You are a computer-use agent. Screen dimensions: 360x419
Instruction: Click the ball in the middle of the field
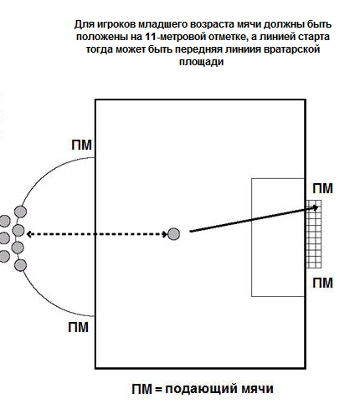[x=173, y=234]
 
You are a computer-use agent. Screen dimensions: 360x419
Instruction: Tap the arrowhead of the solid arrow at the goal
[x=316, y=207]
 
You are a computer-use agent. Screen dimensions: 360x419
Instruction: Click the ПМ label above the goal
[x=322, y=189]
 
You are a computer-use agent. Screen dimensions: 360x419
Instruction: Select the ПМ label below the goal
[x=322, y=283]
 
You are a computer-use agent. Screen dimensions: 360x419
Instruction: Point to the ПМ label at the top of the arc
[x=81, y=145]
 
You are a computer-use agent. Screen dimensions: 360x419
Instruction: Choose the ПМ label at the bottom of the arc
[x=78, y=327]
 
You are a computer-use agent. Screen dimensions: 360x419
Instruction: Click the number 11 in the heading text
[x=151, y=37]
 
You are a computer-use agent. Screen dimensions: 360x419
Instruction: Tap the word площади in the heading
[x=201, y=61]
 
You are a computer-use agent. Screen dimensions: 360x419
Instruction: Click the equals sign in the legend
[x=158, y=389]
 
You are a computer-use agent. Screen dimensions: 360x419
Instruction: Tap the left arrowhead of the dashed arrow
[x=28, y=234]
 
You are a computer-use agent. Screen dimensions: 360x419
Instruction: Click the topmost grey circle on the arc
[x=20, y=212]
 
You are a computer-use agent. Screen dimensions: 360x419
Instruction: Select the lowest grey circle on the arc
[x=20, y=265]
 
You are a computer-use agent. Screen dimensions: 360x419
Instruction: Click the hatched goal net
[x=314, y=234]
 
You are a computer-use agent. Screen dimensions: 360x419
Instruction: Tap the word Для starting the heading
[x=85, y=25]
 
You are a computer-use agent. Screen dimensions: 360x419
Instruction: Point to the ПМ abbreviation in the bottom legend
[x=142, y=389]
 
